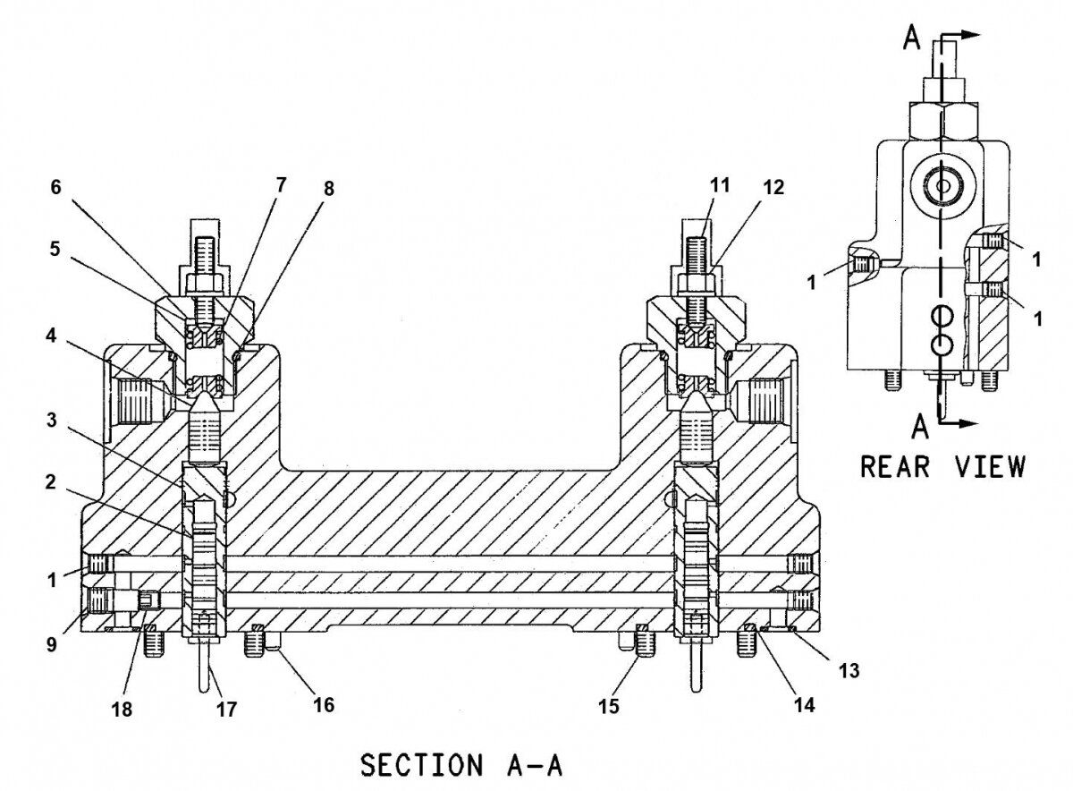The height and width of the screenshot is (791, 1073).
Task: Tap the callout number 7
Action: click(281, 186)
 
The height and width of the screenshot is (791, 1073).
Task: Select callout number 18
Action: click(122, 708)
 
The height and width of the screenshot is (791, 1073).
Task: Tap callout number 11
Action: click(720, 186)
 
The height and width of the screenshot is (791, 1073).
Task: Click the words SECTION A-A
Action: click(461, 766)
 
